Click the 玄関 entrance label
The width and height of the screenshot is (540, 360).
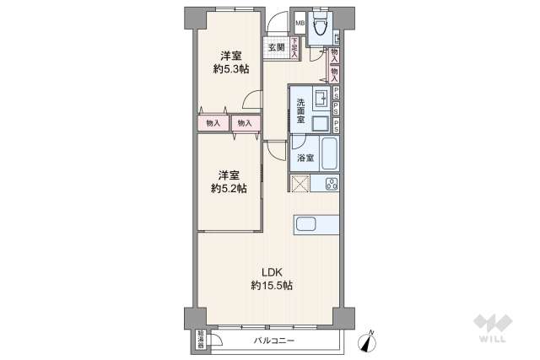[276, 48]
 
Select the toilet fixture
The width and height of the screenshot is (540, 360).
[319, 29]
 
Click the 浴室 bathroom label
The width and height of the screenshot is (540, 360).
[305, 158]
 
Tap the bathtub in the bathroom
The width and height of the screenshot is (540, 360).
[328, 153]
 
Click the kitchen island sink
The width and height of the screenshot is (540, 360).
[305, 224]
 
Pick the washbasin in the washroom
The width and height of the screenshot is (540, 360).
[321, 99]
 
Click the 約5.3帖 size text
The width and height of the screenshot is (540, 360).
[229, 69]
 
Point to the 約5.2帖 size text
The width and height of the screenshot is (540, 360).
[229, 188]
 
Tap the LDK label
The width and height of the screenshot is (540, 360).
[270, 271]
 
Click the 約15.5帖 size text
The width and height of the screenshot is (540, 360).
[271, 286]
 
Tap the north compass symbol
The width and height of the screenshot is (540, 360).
[368, 339]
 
